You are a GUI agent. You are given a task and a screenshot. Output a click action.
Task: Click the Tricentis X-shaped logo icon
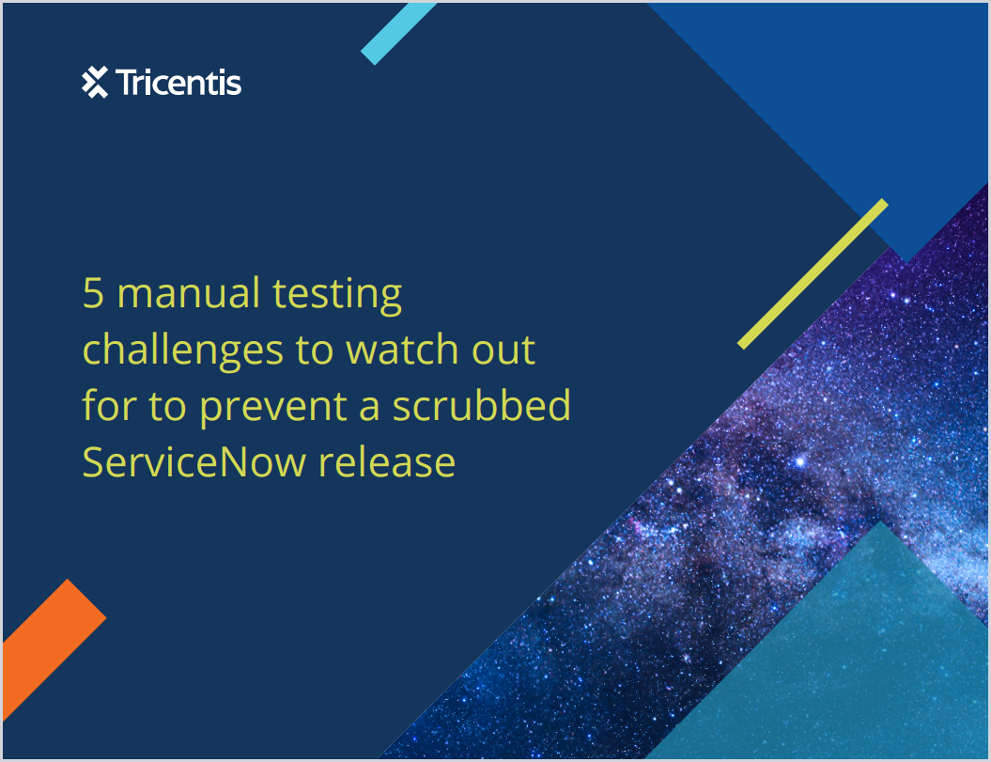click(x=95, y=82)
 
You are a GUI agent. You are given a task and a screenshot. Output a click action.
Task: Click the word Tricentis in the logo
click(x=178, y=83)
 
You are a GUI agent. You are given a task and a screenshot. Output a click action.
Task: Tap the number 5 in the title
click(x=93, y=293)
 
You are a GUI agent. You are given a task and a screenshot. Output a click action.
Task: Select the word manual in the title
click(x=189, y=293)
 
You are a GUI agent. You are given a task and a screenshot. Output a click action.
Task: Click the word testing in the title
click(x=337, y=295)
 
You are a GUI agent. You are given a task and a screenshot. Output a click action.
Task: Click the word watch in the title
click(x=402, y=350)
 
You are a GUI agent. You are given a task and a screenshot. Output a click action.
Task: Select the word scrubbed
click(x=482, y=405)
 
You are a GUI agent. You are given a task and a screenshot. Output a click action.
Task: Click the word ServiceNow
click(x=194, y=462)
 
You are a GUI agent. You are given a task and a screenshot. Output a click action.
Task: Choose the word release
click(x=387, y=462)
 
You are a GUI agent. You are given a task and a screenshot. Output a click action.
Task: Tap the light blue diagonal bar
click(x=398, y=33)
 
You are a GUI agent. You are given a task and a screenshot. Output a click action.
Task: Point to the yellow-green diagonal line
click(x=813, y=273)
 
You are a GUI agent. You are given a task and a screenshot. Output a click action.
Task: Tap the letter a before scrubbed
click(x=369, y=408)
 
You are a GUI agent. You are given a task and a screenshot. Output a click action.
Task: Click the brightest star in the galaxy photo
click(x=799, y=461)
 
